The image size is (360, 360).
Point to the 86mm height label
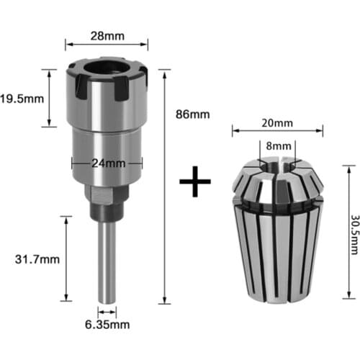tap(194, 114)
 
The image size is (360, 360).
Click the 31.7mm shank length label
tap(33, 255)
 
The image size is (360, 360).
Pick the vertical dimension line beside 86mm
tap(167, 187)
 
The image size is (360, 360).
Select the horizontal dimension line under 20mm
tap(277, 131)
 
